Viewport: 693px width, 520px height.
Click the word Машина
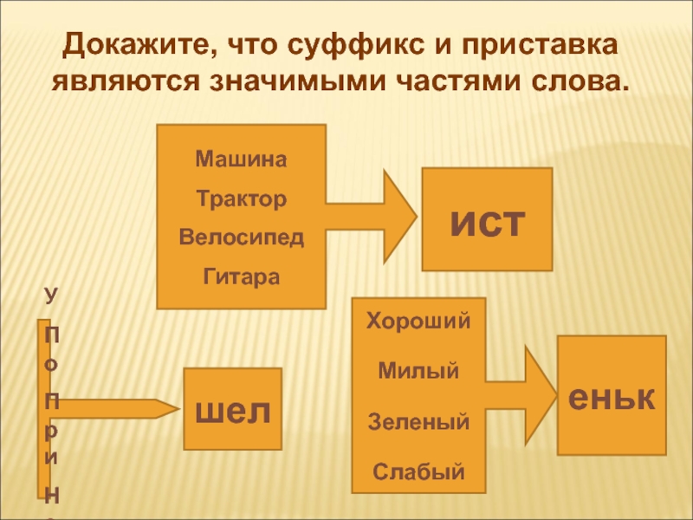[241, 160]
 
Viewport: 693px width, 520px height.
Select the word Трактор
[241, 199]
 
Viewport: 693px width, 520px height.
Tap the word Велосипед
[242, 237]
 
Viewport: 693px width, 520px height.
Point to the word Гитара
[242, 276]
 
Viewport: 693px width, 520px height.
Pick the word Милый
[418, 372]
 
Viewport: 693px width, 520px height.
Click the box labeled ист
[487, 220]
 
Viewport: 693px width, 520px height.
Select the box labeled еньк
[611, 396]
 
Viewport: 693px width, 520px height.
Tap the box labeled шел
[232, 409]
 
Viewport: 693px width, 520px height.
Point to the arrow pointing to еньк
[520, 380]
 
